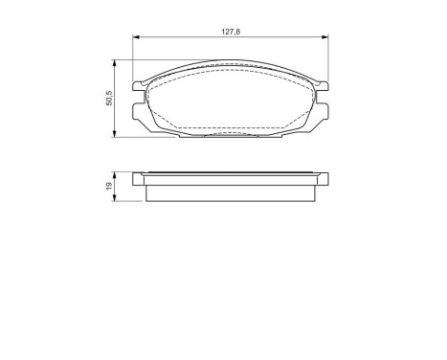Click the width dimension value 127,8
click(x=229, y=31)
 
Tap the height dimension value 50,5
click(x=108, y=98)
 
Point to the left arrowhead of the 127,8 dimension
click(x=135, y=37)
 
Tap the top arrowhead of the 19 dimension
click(x=116, y=174)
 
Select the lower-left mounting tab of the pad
click(x=140, y=114)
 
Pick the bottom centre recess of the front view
click(x=230, y=133)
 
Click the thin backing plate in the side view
click(x=230, y=177)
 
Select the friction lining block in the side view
click(x=230, y=191)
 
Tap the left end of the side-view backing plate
click(x=135, y=177)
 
